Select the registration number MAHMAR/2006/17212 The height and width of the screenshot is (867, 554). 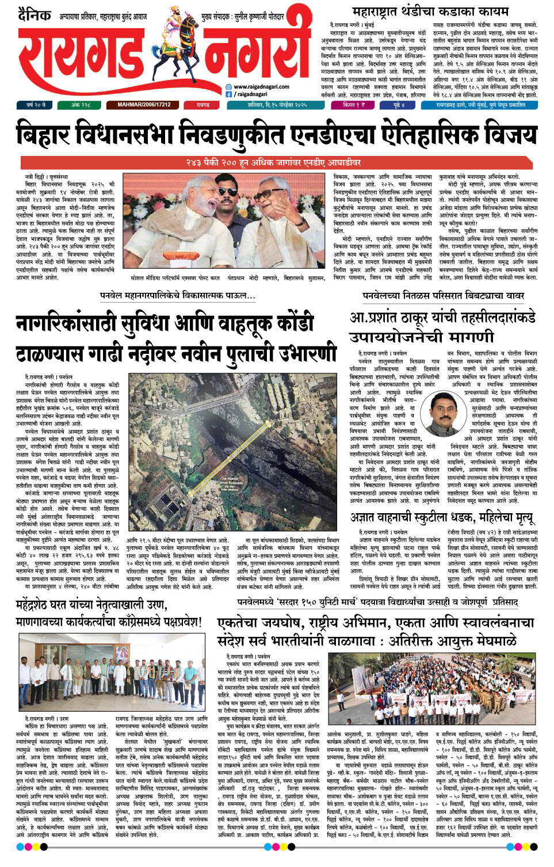(x=144, y=105)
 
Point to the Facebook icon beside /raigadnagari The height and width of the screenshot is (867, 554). (x=228, y=94)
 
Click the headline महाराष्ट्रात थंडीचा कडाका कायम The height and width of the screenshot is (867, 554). (x=430, y=11)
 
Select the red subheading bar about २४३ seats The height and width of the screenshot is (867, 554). (x=277, y=163)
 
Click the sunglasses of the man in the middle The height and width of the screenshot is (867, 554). (x=227, y=192)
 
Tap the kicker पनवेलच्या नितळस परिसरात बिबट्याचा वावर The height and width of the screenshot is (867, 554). (x=443, y=296)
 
